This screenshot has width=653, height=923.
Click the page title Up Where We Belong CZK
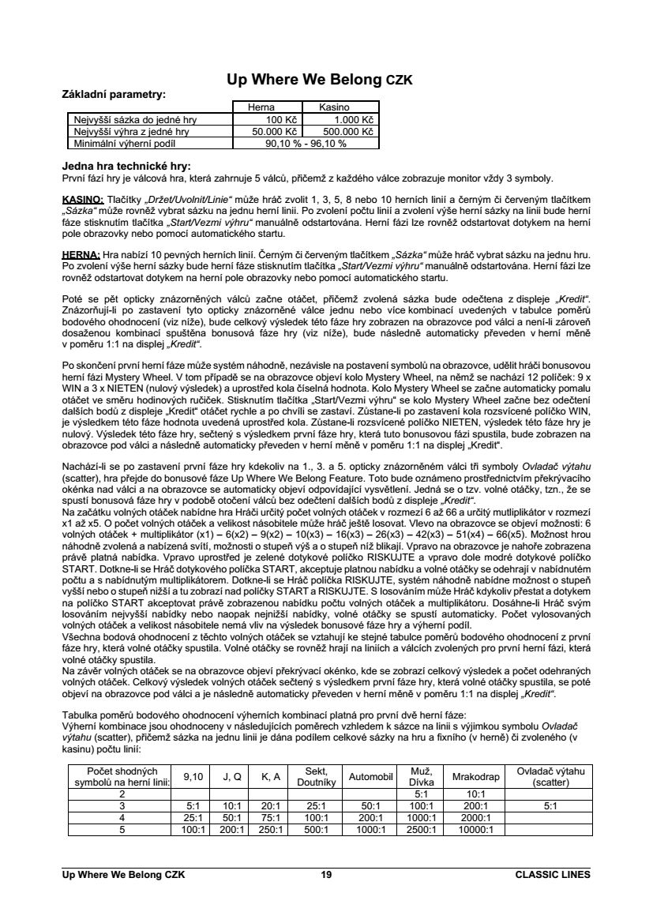pyautogui.click(x=319, y=80)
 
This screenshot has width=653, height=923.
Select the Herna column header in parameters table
pyautogui.click(x=261, y=107)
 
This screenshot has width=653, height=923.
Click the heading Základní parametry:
pyautogui.click(x=114, y=94)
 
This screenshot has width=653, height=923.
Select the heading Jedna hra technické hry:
pyautogui.click(x=126, y=167)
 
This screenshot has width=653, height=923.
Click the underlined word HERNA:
pyautogui.click(x=80, y=255)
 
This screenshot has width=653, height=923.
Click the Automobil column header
pyautogui.click(x=370, y=776)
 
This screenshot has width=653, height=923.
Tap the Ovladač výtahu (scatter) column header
pyautogui.click(x=545, y=776)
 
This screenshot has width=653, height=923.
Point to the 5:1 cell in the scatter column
pyautogui.click(x=545, y=806)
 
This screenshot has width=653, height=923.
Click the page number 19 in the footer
pyautogui.click(x=325, y=874)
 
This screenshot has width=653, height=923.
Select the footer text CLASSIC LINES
pyautogui.click(x=551, y=874)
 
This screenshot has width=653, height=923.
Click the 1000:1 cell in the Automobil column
pyautogui.click(x=370, y=829)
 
